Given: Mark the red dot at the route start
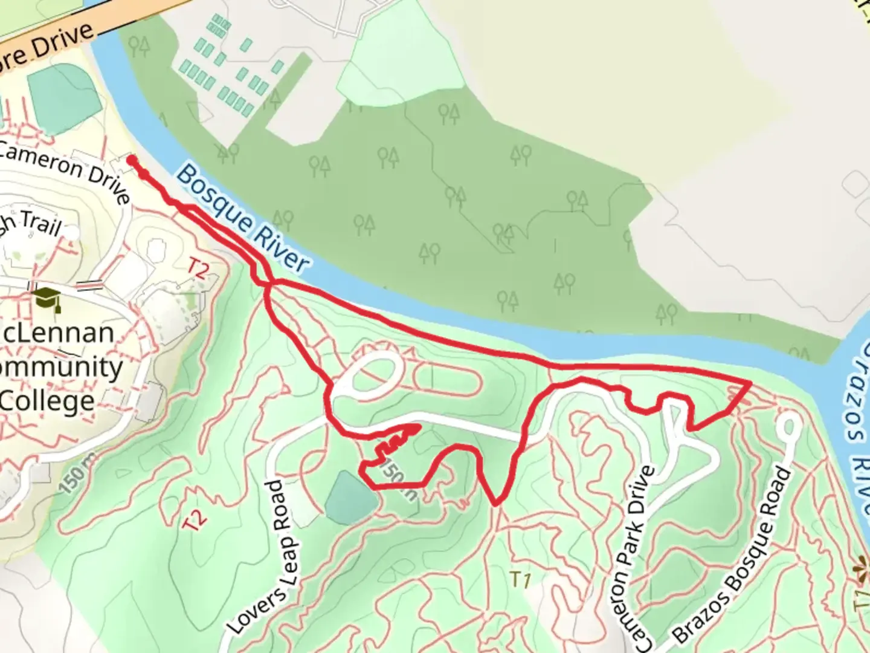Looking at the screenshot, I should [x=131, y=160].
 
